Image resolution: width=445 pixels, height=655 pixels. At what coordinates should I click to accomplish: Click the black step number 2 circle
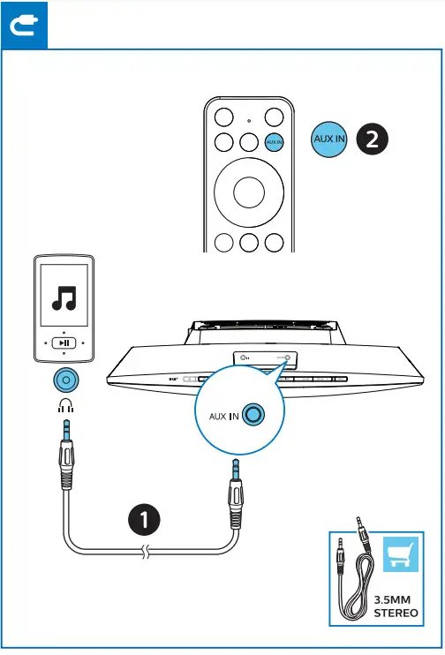click(x=372, y=140)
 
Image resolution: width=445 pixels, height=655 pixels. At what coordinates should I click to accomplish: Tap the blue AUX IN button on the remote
click(x=275, y=141)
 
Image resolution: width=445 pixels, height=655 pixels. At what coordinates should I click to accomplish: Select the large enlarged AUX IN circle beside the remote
click(x=330, y=140)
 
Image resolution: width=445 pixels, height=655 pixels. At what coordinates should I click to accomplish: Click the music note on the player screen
click(x=63, y=298)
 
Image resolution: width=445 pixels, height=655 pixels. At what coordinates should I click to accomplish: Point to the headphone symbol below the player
click(x=63, y=407)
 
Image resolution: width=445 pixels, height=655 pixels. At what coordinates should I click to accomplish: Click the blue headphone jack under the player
click(x=63, y=380)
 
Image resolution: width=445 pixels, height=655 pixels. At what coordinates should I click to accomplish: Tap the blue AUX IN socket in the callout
click(x=254, y=415)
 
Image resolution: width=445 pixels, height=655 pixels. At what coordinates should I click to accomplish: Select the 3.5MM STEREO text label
click(x=395, y=606)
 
